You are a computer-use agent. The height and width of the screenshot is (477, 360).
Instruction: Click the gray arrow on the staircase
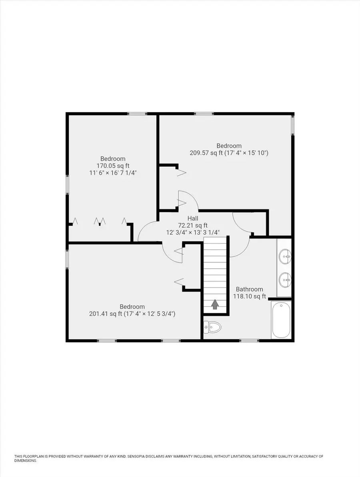pos(215,305)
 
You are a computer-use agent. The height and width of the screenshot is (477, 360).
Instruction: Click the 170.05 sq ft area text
pos(113,166)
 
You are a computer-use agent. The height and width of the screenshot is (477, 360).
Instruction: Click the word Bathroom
pos(249,289)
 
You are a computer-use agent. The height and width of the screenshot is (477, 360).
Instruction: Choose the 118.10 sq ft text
pos(250,297)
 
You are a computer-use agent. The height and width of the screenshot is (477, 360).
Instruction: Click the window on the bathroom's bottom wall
pos(249,341)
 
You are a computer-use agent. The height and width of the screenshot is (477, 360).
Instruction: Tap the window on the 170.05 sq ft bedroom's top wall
pos(137,114)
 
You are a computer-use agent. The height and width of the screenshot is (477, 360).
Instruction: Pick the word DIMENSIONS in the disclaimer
pos(25,461)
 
